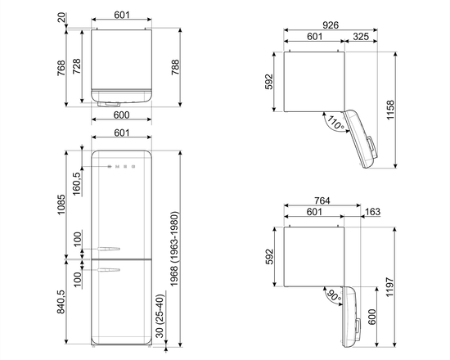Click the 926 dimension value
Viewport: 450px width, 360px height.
pos(330,25)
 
